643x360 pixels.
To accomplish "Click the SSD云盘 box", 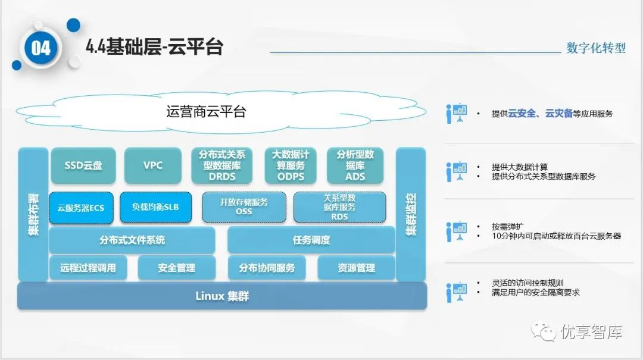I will click(x=83, y=165).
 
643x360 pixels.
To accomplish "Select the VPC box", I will click(x=153, y=165).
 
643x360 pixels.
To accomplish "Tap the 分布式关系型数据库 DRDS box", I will click(x=222, y=165).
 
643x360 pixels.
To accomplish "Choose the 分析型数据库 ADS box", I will click(x=355, y=165).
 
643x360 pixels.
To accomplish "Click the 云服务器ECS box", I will click(x=81, y=208).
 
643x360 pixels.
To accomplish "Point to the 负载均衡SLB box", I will click(x=155, y=208).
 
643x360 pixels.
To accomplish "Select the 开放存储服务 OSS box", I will click(x=244, y=207).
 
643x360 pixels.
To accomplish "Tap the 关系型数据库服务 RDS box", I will click(x=339, y=207).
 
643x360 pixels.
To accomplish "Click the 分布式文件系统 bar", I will click(x=132, y=240).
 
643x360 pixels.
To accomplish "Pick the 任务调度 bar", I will click(x=311, y=240).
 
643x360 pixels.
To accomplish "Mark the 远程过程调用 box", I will click(x=88, y=268).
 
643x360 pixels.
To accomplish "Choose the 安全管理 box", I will click(x=177, y=268).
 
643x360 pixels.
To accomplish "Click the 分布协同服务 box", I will click(x=267, y=268).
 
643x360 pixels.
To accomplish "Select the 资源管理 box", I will click(x=356, y=268).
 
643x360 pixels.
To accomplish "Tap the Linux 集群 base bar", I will click(x=222, y=296).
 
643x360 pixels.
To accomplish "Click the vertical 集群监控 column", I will click(x=411, y=214).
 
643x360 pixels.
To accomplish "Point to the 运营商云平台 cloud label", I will click(x=206, y=111).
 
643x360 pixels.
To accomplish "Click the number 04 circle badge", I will click(x=41, y=48).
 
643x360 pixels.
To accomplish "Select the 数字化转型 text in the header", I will click(x=596, y=48).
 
